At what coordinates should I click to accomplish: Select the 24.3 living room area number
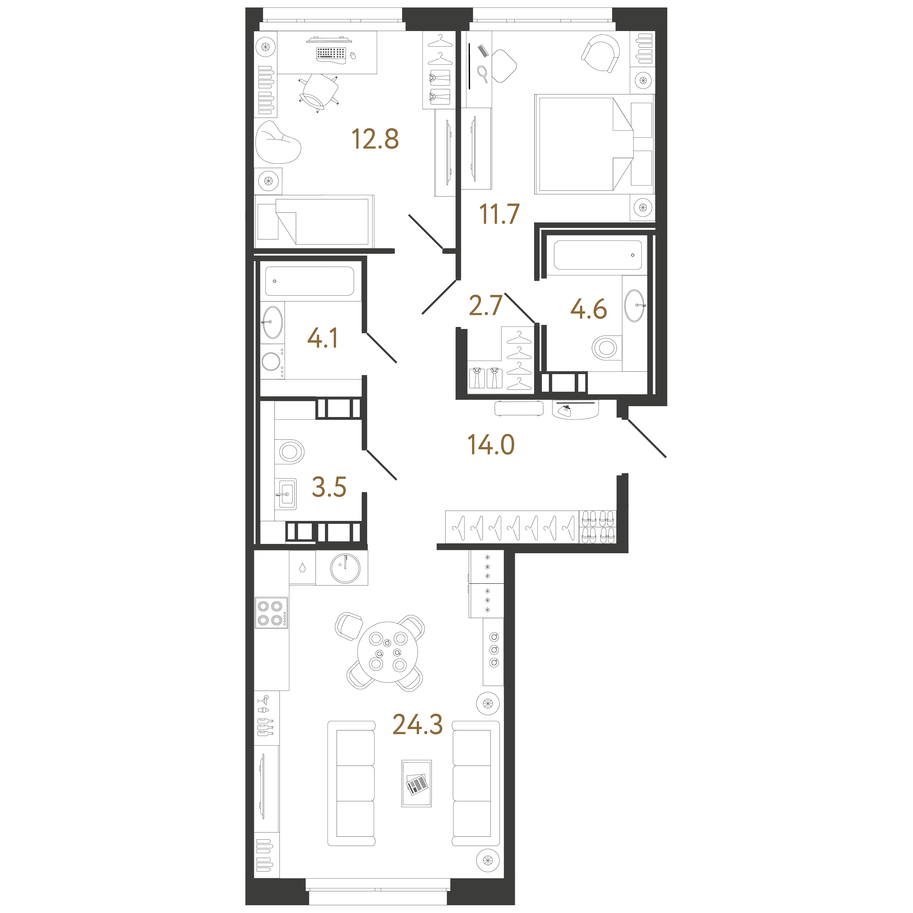click(x=418, y=725)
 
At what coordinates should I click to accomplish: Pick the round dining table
click(x=388, y=652)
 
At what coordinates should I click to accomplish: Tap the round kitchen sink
click(x=345, y=568)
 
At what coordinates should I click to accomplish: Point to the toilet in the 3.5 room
click(x=290, y=452)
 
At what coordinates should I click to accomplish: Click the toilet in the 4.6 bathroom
click(x=607, y=348)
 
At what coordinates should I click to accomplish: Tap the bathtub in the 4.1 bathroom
click(x=310, y=281)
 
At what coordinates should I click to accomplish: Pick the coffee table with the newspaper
click(x=416, y=784)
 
